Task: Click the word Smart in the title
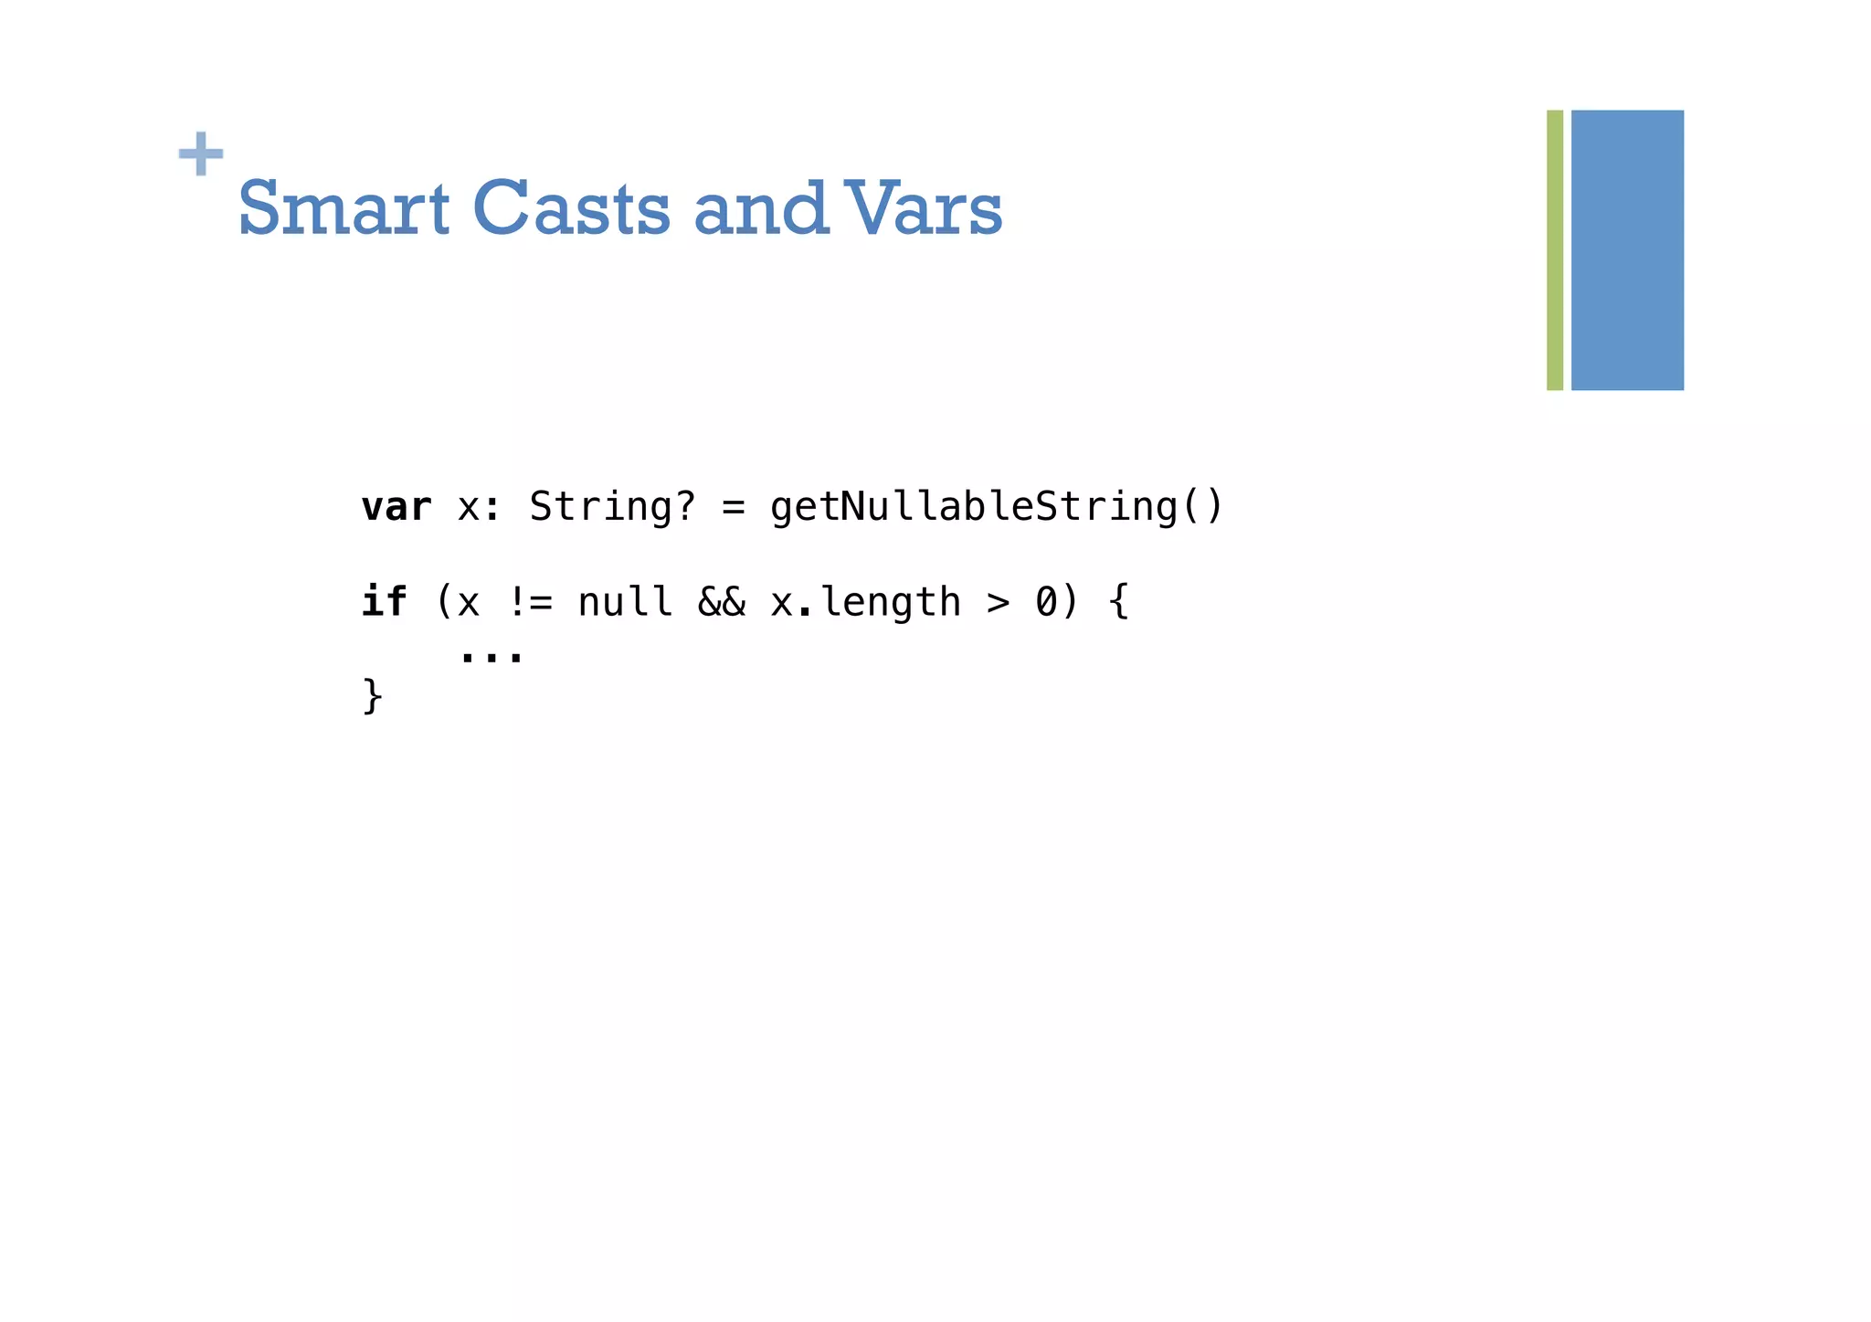[344, 208]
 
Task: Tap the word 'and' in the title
[761, 208]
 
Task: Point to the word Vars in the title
[923, 208]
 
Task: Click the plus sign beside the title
[201, 153]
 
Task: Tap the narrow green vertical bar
[1554, 249]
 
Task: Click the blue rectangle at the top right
[1627, 249]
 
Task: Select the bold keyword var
[396, 507]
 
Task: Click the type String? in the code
[612, 507]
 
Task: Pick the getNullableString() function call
[997, 507]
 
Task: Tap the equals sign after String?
[733, 508]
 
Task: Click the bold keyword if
[385, 602]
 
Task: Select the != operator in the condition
[530, 603]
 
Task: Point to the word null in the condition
[625, 603]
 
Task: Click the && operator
[722, 603]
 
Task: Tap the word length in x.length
[891, 603]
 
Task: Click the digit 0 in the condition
[1046, 603]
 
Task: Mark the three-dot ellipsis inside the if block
[492, 655]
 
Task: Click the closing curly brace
[372, 697]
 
